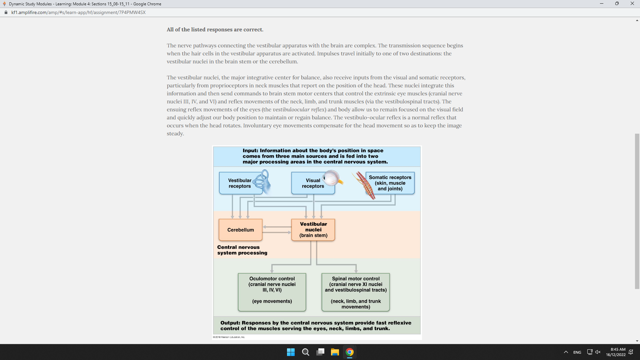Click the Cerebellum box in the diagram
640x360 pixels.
tap(240, 230)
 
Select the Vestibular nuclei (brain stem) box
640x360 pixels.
tap(313, 230)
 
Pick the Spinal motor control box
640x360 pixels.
tap(356, 292)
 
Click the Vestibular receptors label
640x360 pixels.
tap(240, 183)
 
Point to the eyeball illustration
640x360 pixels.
tap(331, 178)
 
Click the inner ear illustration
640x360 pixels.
tap(262, 182)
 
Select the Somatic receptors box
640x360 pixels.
tap(390, 183)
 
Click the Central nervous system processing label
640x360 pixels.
tap(242, 250)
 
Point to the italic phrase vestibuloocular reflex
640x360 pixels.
tap(299, 110)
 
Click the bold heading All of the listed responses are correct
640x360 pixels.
tap(215, 30)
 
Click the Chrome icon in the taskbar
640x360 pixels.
tap(350, 352)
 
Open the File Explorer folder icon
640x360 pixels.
tap(335, 352)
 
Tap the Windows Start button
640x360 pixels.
tap(291, 352)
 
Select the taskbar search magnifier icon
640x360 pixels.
tap(305, 352)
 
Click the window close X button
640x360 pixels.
tap(632, 4)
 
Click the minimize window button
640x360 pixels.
tap(602, 4)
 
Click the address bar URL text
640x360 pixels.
tap(78, 12)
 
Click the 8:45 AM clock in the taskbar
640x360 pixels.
tap(618, 349)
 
